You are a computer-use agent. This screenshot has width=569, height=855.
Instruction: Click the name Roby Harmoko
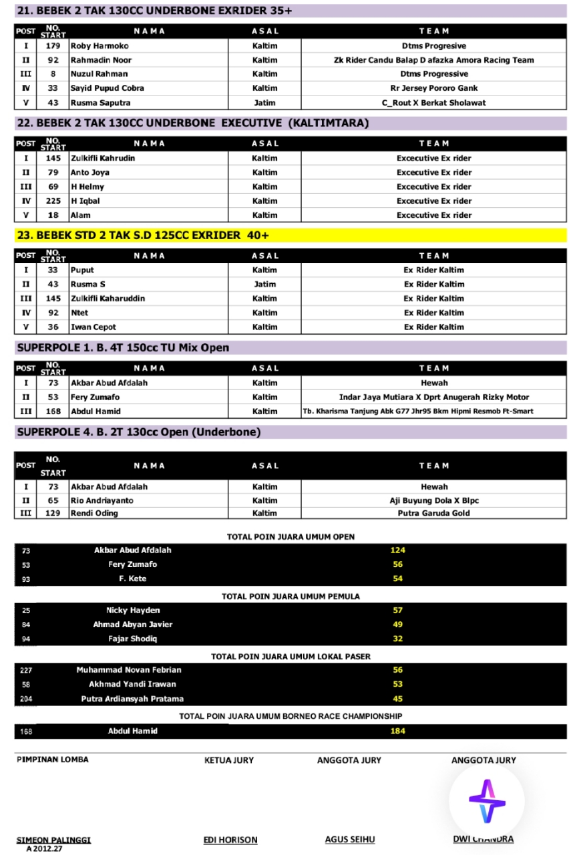100,46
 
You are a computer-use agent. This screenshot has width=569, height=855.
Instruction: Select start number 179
53,46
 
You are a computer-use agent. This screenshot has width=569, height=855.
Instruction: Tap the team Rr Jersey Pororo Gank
434,88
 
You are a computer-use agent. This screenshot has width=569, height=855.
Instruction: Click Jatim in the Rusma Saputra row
264,103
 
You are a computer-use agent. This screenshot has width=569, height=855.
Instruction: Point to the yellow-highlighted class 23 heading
138,235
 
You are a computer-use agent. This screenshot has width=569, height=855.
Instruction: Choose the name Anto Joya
90,172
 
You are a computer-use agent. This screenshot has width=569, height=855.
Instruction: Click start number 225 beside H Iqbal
53,201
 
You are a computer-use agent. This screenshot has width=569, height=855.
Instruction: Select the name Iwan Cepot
93,327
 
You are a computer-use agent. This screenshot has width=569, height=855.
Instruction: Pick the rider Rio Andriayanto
102,500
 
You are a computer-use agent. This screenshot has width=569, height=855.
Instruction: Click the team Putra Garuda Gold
434,513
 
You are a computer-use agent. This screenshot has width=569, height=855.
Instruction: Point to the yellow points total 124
398,550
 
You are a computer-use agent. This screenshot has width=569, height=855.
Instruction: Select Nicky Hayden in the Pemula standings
133,611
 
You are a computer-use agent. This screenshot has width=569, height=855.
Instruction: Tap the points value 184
398,731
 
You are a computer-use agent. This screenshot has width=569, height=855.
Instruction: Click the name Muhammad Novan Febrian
129,670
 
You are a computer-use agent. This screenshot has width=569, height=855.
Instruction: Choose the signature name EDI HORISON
230,840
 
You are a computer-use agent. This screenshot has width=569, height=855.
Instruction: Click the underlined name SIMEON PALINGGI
53,840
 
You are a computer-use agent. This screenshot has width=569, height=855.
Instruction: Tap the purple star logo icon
487,801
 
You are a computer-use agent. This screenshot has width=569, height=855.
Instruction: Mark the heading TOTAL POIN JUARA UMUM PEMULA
291,596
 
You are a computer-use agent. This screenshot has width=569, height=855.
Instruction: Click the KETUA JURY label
229,760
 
